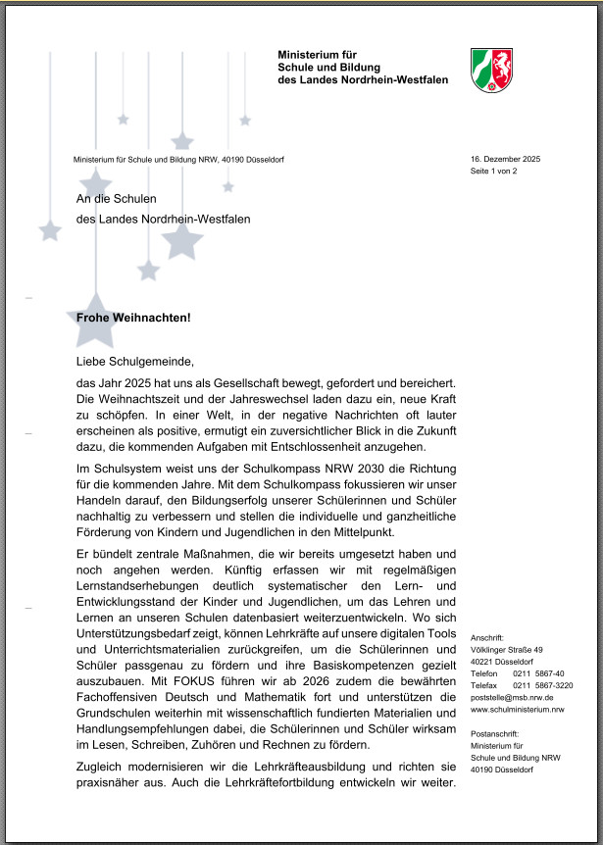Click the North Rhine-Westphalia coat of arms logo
(x=492, y=71)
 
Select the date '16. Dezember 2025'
(x=505, y=159)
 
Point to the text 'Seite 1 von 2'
(x=493, y=172)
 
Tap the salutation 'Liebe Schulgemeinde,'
(x=128, y=362)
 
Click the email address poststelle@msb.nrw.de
(x=512, y=697)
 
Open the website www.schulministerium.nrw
(x=517, y=709)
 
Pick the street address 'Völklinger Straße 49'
(x=506, y=649)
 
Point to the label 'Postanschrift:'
(x=494, y=733)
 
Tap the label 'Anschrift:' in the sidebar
(x=487, y=637)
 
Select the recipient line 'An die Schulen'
(x=117, y=199)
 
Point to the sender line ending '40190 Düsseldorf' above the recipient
(x=178, y=160)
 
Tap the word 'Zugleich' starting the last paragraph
(x=101, y=765)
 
